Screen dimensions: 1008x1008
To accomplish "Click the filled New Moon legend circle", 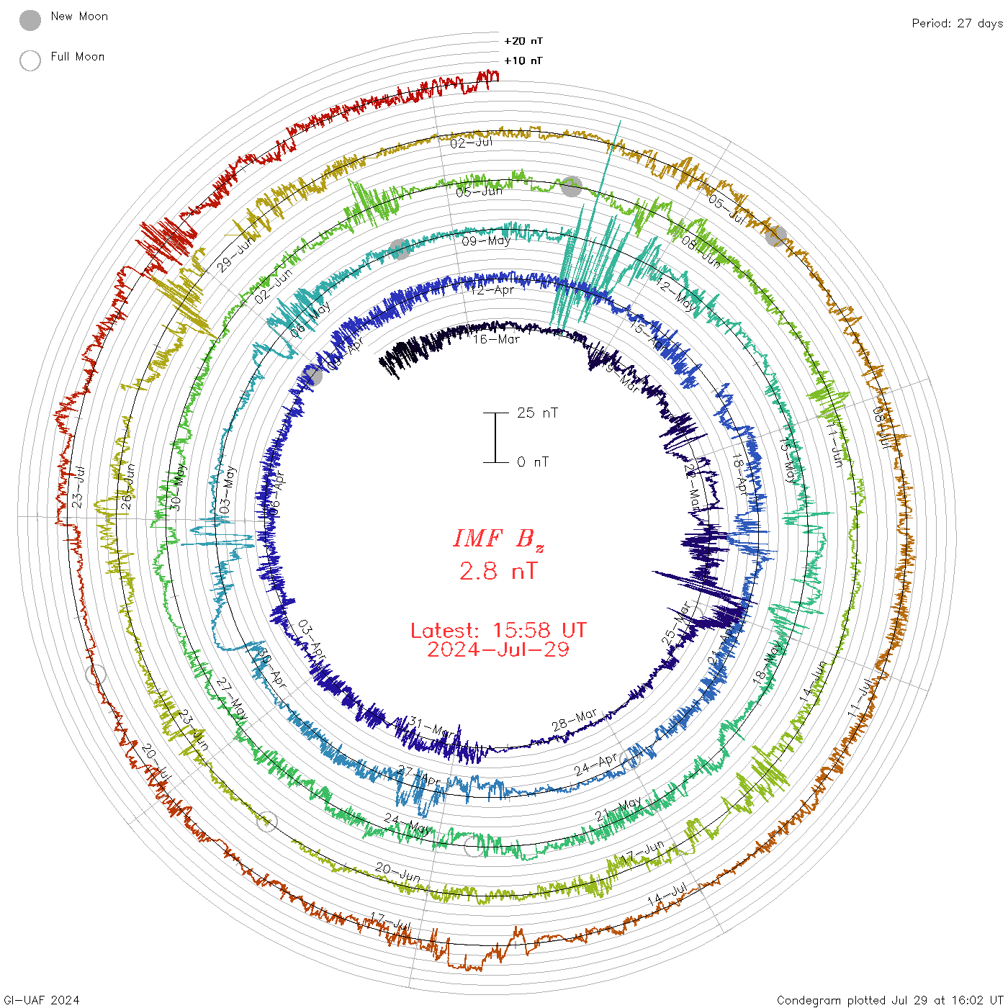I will [30, 20].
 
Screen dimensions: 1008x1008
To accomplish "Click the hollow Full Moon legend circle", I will [30, 60].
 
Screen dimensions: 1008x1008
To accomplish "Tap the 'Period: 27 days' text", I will [957, 24].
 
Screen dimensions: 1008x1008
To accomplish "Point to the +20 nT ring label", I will [523, 41].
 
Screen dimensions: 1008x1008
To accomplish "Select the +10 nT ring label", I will [523, 60].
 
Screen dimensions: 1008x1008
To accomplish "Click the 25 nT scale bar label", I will [537, 413].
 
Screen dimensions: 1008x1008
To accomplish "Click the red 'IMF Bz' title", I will [498, 539].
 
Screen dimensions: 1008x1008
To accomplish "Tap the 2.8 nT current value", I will [498, 572].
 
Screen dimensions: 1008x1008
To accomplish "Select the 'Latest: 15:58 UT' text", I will [498, 631].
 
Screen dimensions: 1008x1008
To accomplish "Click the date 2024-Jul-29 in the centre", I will [498, 650].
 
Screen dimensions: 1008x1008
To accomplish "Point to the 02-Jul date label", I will [472, 143].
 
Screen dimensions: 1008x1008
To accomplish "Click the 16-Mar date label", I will [497, 339].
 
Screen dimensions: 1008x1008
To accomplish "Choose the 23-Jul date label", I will [78, 487].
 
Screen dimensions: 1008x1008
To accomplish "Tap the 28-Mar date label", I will [575, 720].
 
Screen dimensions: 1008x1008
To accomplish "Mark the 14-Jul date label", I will [667, 895].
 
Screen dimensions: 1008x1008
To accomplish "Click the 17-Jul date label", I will [390, 921].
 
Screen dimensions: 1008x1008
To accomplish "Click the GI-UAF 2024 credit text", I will [40, 1000].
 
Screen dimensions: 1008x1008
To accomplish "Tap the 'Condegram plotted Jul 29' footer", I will [890, 1000].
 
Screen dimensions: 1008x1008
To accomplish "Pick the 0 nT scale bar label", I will [533, 462].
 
